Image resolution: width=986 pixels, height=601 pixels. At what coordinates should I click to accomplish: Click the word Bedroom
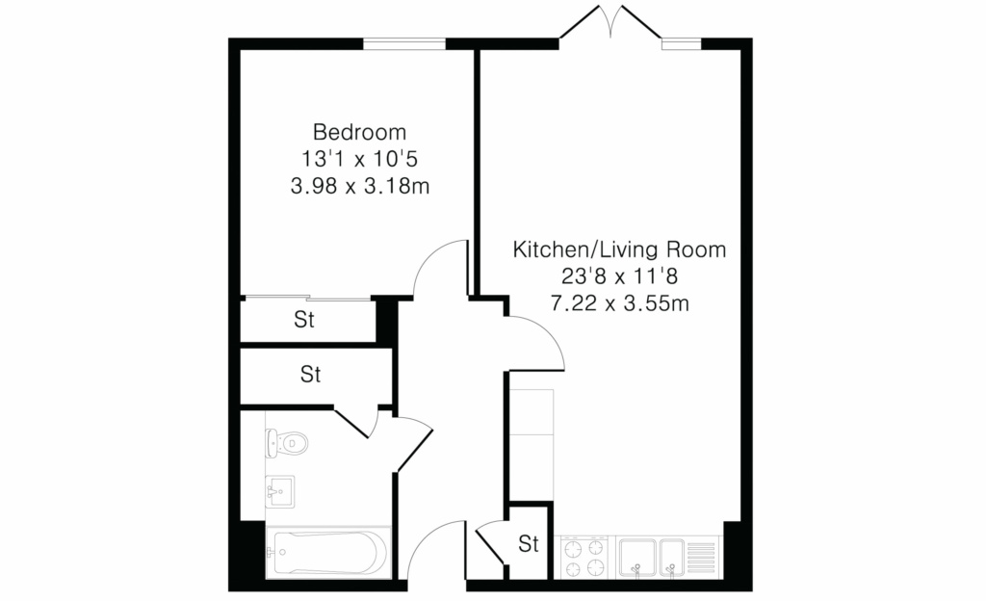point(360,132)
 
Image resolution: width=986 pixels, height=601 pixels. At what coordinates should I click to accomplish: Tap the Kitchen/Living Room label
point(619,249)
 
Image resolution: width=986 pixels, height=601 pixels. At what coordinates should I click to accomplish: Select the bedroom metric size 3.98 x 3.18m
point(360,186)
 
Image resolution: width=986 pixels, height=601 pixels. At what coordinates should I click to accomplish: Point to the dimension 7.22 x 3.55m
point(619,303)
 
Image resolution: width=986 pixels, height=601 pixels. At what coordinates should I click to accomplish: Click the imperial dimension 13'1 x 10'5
point(360,159)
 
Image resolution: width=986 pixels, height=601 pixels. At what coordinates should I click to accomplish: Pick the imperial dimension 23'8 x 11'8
point(619,276)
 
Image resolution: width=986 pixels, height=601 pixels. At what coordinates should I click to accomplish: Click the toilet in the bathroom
point(286,444)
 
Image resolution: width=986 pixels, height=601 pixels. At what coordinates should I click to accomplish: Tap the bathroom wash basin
point(280,491)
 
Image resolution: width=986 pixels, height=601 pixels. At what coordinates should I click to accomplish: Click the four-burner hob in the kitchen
point(584,557)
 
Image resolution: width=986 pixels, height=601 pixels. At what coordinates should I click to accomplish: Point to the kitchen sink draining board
point(701,557)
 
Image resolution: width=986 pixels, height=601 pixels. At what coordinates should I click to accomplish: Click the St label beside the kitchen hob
point(529,543)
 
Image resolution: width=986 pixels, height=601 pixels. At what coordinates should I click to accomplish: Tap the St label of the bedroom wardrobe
point(303,320)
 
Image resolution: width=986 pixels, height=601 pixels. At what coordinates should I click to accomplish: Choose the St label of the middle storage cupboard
point(311,375)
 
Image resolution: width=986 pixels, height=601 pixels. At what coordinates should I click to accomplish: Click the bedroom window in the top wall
point(404,43)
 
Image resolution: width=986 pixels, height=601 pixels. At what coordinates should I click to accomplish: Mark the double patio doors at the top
point(610,25)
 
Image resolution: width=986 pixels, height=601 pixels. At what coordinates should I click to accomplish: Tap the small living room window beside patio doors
point(681,43)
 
